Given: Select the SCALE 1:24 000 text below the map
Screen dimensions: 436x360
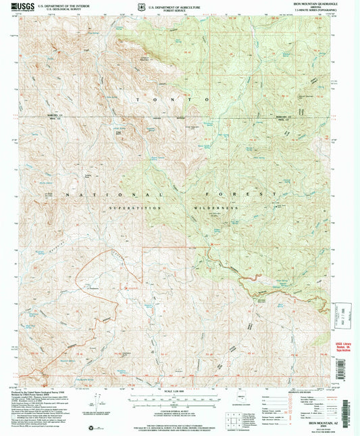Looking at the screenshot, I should [x=180, y=392].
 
